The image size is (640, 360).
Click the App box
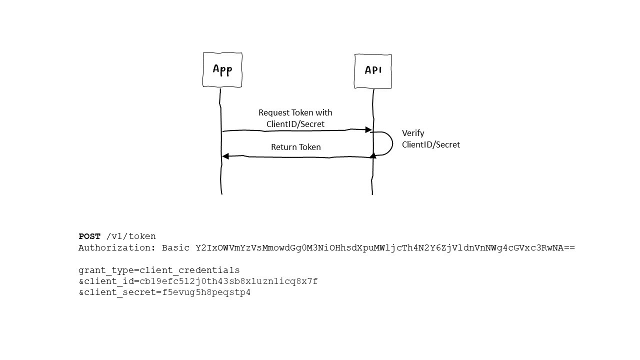pyautogui.click(x=222, y=69)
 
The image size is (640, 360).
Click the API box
pyautogui.click(x=373, y=71)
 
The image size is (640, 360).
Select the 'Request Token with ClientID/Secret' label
pyautogui.click(x=295, y=118)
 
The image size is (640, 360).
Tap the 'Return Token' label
pyautogui.click(x=295, y=147)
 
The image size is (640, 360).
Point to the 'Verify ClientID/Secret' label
pyautogui.click(x=430, y=139)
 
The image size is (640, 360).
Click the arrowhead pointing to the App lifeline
pyautogui.click(x=225, y=156)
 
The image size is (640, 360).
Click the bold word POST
pyautogui.click(x=89, y=236)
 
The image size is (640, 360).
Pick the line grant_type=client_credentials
pyautogui.click(x=159, y=270)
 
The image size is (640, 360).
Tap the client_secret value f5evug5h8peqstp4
pyautogui.click(x=203, y=292)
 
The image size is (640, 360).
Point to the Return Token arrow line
pyautogui.click(x=300, y=157)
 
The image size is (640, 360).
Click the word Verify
pyautogui.click(x=413, y=133)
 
